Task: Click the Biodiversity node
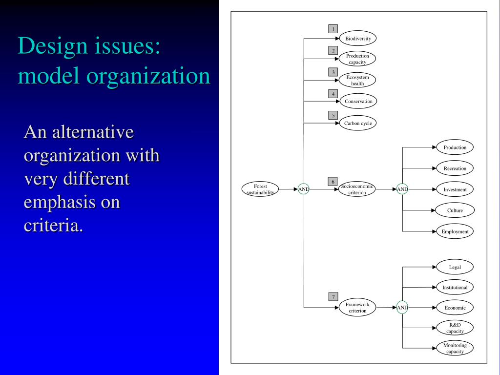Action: click(358, 39)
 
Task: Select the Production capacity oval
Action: click(358, 59)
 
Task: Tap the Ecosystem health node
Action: click(358, 80)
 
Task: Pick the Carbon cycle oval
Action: click(358, 123)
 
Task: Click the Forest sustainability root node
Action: click(260, 189)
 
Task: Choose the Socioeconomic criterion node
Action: click(357, 189)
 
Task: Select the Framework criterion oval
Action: click(357, 308)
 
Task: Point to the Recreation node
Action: click(455, 168)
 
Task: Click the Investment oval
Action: click(455, 189)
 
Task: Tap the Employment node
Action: click(455, 231)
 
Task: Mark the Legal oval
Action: click(455, 267)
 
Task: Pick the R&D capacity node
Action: click(455, 328)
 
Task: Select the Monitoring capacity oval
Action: click(455, 348)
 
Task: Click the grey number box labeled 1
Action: click(333, 29)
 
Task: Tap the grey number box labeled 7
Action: click(333, 296)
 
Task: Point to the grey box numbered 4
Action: click(333, 94)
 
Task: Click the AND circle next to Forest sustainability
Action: click(304, 189)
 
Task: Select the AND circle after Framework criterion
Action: click(402, 308)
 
